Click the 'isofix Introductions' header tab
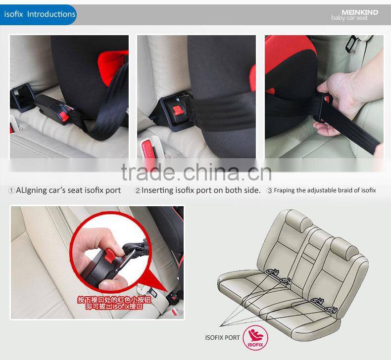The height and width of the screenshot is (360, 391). (x=40, y=14)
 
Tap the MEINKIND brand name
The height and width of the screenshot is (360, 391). (x=360, y=12)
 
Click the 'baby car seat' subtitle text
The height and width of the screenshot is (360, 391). (x=349, y=18)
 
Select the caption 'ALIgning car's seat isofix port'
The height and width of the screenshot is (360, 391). (x=68, y=190)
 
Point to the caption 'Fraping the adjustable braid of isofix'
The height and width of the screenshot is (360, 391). (x=325, y=190)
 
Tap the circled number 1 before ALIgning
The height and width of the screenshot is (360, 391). (x=11, y=190)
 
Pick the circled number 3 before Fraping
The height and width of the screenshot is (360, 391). (x=270, y=190)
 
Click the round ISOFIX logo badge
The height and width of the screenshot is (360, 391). (x=256, y=338)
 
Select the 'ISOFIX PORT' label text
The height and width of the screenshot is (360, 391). (x=222, y=338)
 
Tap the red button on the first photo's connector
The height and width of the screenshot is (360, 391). (x=63, y=116)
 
